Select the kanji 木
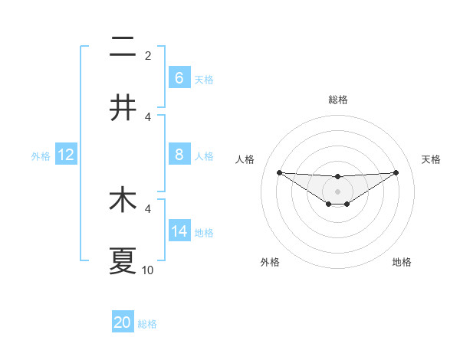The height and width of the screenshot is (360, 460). [x=123, y=201]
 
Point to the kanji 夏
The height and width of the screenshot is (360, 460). [x=123, y=261]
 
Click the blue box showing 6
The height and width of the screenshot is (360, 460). [x=179, y=78]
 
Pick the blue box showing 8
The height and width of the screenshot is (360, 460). [x=179, y=155]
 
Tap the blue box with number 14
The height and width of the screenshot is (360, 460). [x=179, y=231]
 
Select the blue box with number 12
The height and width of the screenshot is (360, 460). [x=65, y=155]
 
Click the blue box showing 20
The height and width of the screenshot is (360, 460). [x=123, y=322]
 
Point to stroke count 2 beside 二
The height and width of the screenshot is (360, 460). [x=148, y=56]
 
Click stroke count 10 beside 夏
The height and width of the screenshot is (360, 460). [x=148, y=270]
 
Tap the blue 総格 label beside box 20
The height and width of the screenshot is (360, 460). [x=147, y=324]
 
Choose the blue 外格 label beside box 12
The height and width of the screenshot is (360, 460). [x=41, y=156]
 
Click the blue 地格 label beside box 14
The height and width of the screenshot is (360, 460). [x=204, y=233]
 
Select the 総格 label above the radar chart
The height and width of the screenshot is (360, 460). [x=337, y=100]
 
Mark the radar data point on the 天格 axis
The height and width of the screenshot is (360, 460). [x=396, y=172]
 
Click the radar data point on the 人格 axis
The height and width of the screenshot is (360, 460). [x=279, y=172]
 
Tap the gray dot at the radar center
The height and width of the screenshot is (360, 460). [x=337, y=191]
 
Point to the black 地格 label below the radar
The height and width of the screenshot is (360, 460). [x=402, y=262]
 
